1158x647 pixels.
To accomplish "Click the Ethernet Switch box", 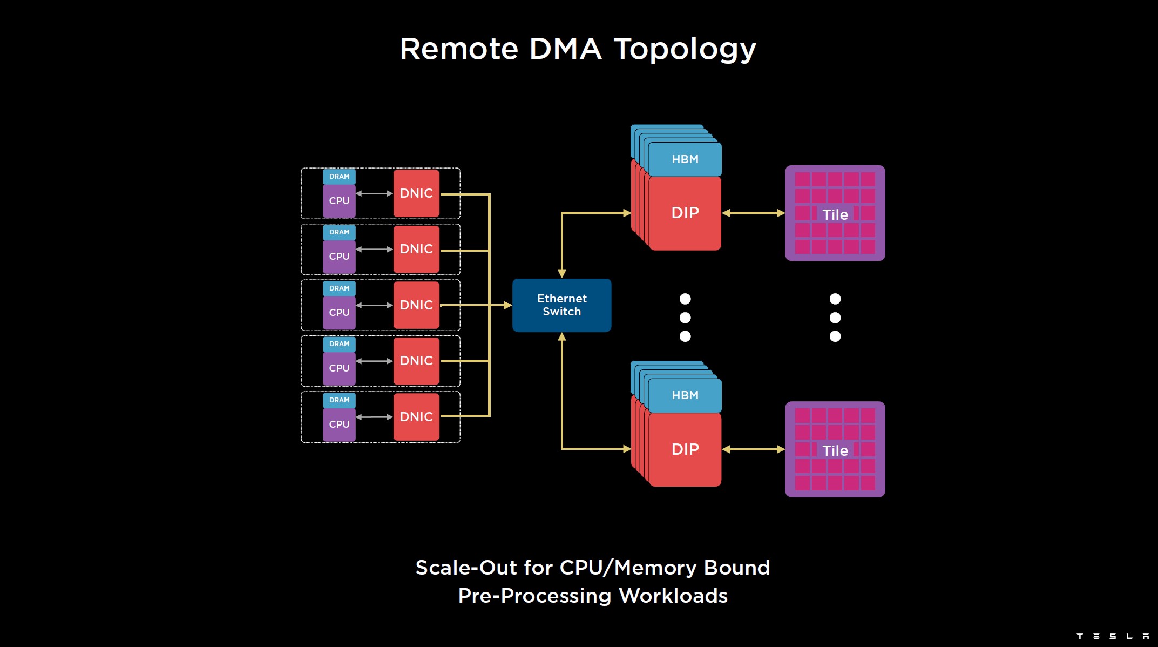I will point(561,305).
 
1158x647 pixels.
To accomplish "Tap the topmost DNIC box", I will point(416,193).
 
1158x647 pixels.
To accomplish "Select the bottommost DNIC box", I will point(416,417).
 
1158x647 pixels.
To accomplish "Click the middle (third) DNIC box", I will point(416,305).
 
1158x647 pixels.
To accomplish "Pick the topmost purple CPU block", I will point(339,201).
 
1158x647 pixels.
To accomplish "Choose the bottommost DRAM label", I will point(339,400).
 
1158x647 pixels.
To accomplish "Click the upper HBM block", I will point(685,159).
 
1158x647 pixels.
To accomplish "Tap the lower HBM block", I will point(685,395).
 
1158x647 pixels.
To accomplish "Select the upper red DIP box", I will point(685,213).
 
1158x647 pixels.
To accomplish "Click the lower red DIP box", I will point(685,449).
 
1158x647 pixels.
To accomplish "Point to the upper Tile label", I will point(835,215).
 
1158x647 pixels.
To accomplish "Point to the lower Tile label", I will point(835,451).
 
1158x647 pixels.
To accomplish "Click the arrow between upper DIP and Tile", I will point(753,213).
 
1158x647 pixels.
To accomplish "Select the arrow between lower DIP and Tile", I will point(753,449).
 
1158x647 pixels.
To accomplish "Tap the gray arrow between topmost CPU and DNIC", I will point(374,193).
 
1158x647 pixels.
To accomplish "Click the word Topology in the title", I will point(685,50).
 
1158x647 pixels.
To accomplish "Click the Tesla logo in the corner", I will point(1113,636).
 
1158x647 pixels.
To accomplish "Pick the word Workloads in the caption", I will point(673,596).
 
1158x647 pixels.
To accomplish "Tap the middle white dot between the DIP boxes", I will point(685,318).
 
